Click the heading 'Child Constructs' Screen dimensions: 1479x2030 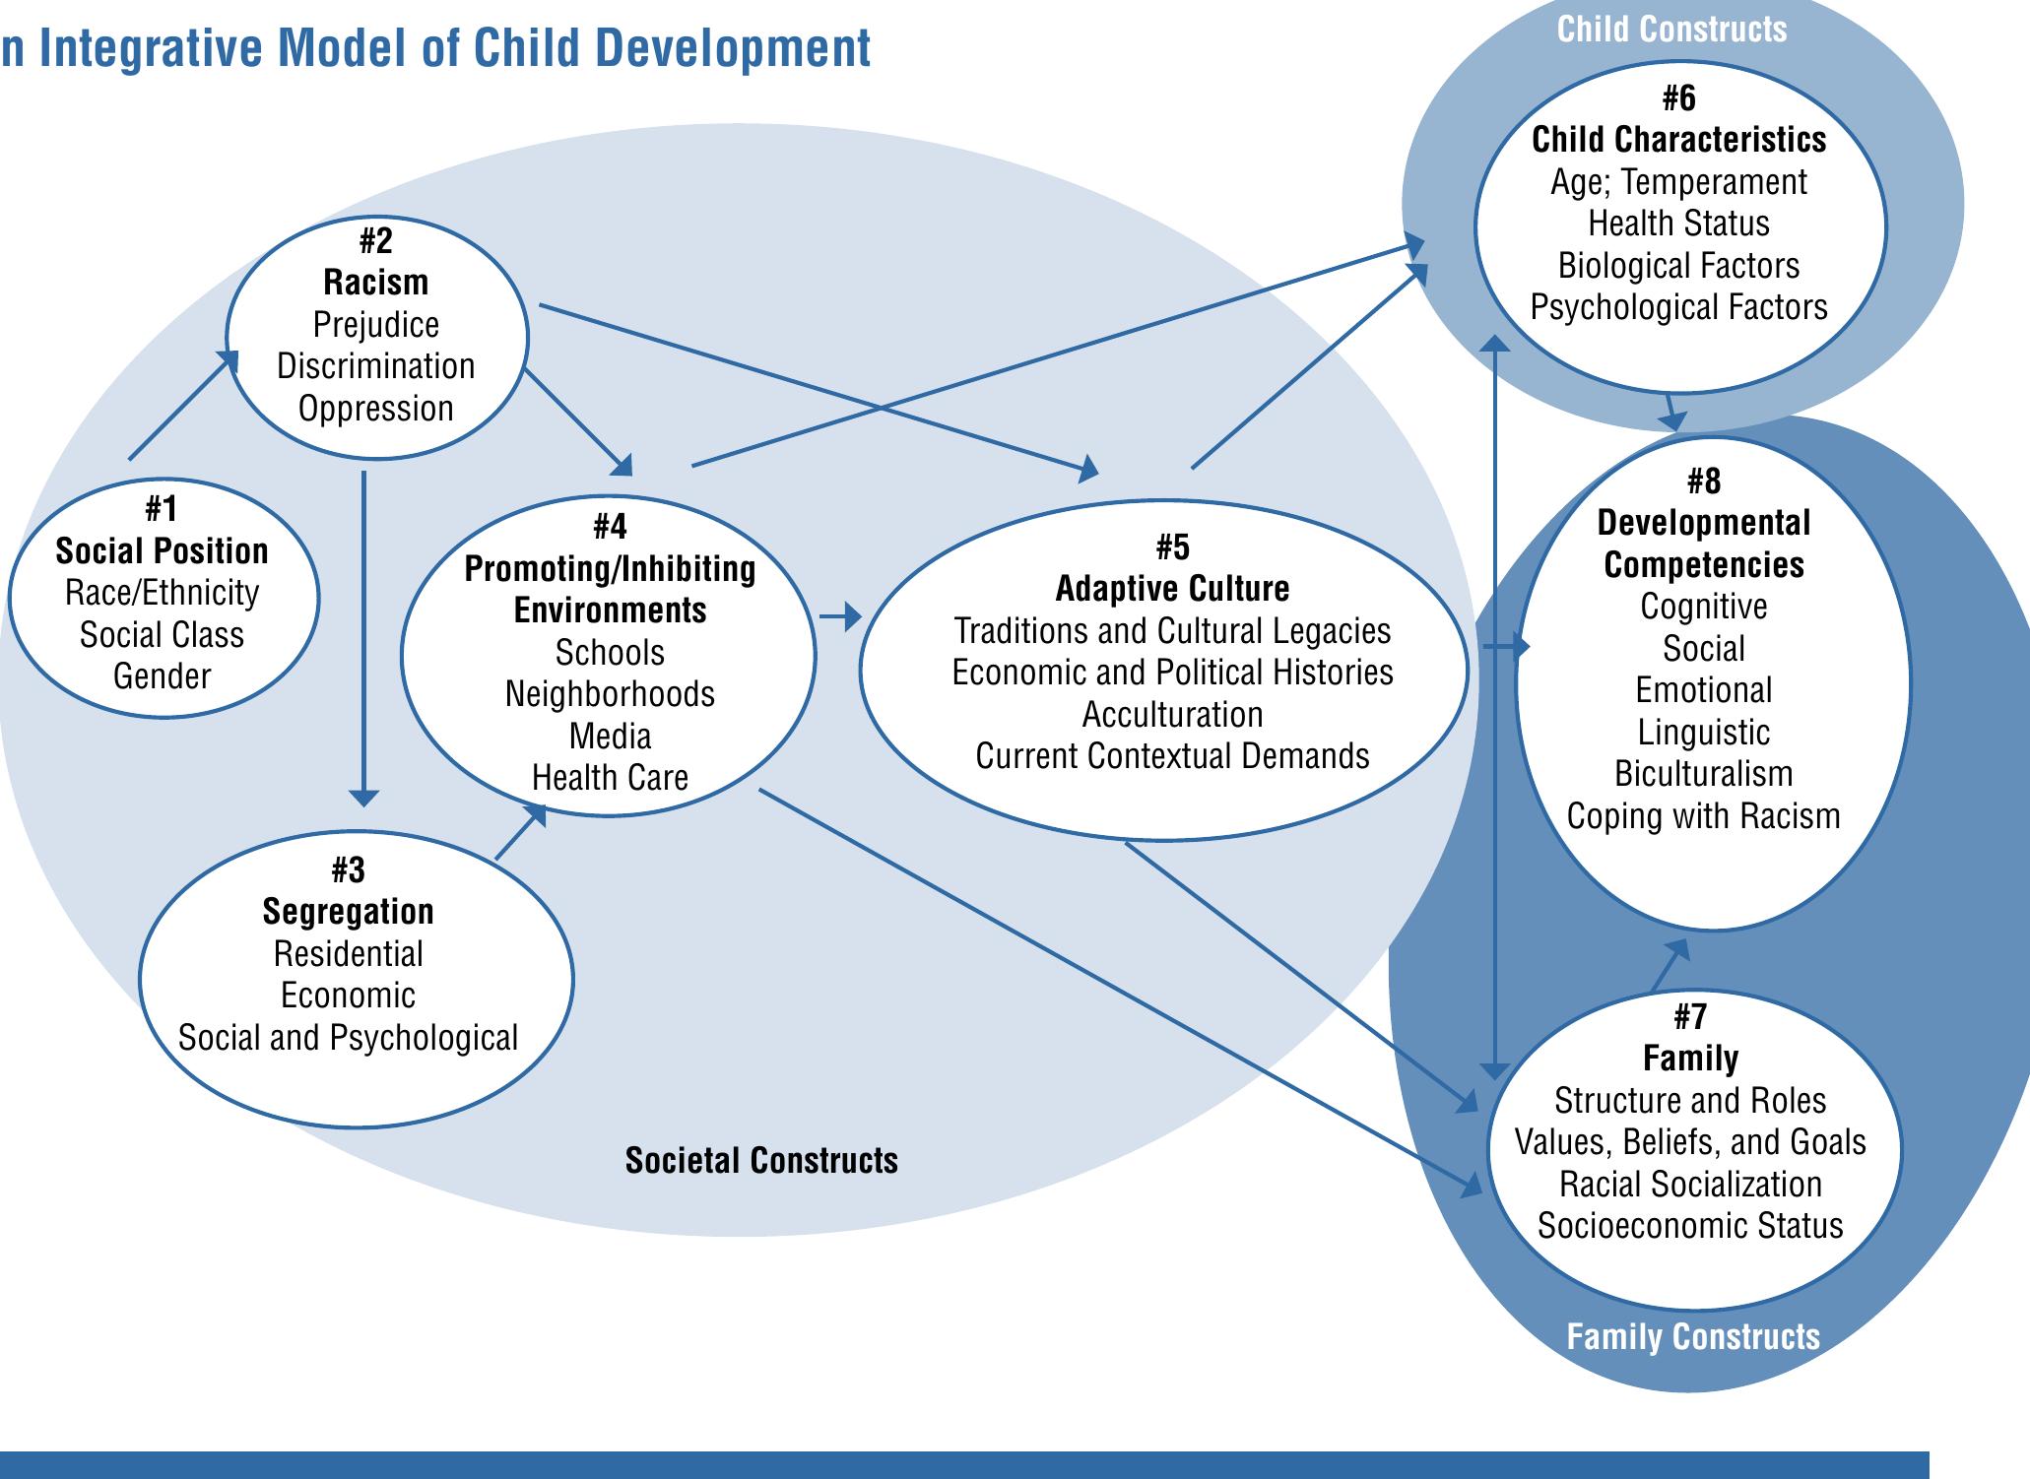coord(1671,30)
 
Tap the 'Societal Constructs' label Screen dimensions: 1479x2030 coord(761,1161)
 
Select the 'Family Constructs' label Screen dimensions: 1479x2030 coord(1693,1337)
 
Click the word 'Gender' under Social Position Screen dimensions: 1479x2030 coord(162,676)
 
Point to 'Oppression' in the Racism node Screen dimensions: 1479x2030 coord(375,409)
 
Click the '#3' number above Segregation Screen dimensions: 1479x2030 coord(348,869)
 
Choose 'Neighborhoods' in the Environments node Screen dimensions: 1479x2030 coord(610,694)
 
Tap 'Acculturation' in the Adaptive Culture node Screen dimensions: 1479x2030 coord(1172,715)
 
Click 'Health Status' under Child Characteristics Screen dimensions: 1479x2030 coord(1678,225)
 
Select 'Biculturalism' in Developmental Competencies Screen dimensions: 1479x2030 coord(1703,774)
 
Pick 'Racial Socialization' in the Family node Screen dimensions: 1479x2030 coord(1690,1185)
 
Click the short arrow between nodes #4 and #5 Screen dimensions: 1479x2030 coord(839,617)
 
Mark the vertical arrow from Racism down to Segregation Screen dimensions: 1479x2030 coord(363,640)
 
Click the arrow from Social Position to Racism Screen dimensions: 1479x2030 coord(183,406)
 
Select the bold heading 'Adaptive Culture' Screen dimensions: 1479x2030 coord(1172,589)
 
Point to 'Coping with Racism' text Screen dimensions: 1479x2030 coord(1703,816)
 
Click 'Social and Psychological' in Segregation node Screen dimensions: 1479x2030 coord(348,1038)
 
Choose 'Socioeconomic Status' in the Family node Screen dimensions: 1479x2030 coord(1690,1226)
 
